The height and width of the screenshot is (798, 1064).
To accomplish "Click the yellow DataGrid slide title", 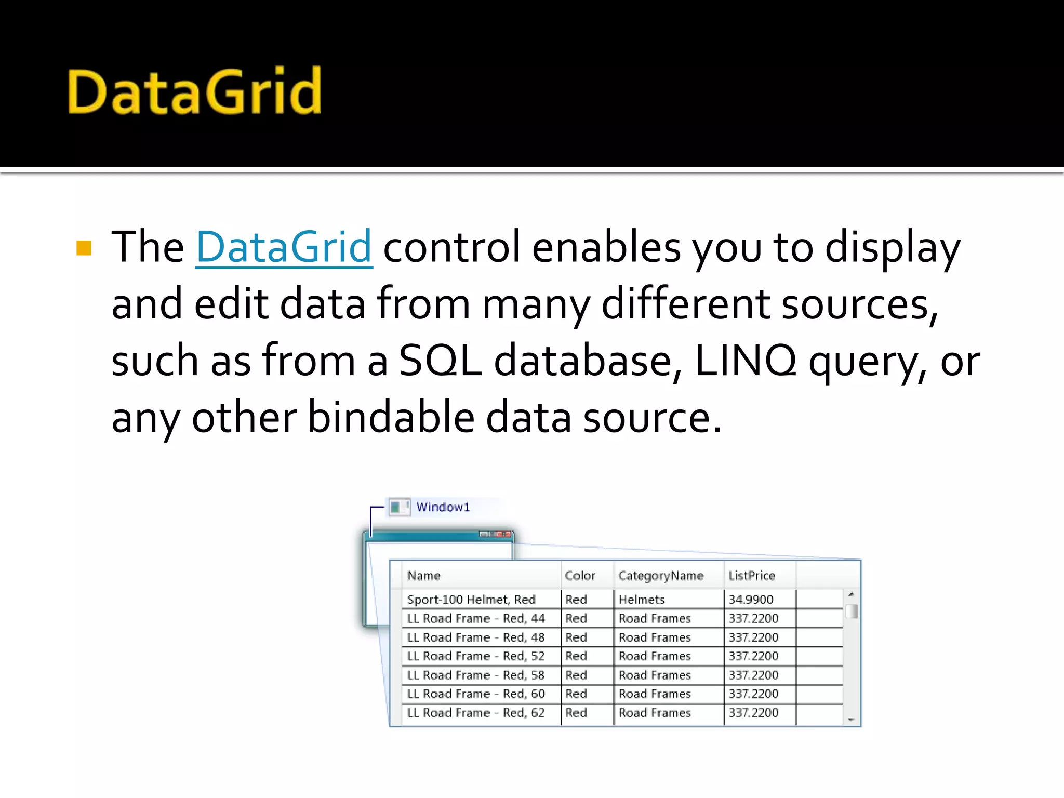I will coord(194,91).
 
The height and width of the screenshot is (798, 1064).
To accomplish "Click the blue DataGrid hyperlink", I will coord(284,247).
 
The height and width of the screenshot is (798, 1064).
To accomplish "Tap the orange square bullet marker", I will coord(84,248).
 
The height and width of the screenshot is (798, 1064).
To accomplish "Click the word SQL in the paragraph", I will coord(440,360).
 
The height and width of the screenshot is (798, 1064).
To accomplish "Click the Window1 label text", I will coord(443,507).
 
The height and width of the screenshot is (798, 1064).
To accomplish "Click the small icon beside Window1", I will coord(399,507).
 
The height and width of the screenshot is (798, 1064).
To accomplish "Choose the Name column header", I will coord(423,576).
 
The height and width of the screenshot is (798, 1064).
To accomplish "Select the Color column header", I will coord(580,576).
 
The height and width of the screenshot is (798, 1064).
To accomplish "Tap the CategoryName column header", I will coord(660,576).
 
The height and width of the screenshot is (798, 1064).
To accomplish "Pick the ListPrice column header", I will coord(751,576).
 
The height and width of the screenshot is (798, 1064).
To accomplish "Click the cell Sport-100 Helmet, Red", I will coord(471,600).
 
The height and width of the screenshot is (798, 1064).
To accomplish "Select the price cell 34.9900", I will coord(751,600).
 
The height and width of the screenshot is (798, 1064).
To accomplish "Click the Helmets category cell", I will coord(641,600).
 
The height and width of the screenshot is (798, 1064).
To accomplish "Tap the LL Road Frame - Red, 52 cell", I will coord(475,656).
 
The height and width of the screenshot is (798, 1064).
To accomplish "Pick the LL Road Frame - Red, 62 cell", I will coord(475,713).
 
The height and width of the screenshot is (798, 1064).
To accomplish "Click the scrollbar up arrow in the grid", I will coord(851,594).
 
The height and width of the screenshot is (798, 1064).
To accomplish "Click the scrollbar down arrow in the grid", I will coord(851,720).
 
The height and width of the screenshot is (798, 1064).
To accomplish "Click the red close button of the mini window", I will coord(503,534).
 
